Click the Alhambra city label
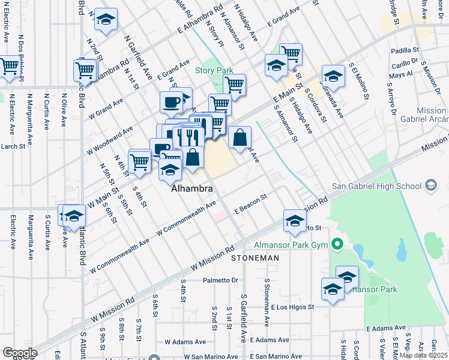point(192,188)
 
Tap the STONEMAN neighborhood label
point(255,257)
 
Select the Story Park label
point(214,71)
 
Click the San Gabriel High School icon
point(430,186)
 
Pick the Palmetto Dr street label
point(220,280)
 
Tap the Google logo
point(19,353)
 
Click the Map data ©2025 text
point(423,355)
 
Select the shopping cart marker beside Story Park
point(234,84)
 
